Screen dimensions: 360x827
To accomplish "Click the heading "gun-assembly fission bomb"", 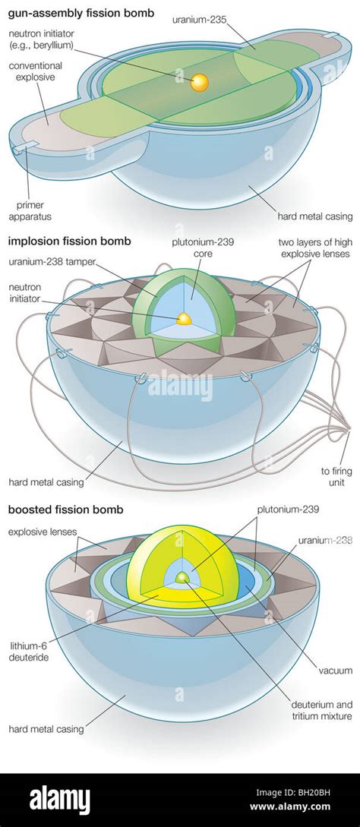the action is (81, 13).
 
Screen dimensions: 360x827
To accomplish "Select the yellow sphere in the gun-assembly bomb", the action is (200, 82).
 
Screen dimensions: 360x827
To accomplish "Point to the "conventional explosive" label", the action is (35, 71).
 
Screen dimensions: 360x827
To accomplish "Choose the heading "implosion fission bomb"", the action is (70, 242).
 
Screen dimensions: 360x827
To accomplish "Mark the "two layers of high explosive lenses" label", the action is (315, 248).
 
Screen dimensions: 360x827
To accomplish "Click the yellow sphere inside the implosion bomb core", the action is (185, 318).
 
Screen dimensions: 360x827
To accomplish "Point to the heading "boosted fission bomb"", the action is (65, 510).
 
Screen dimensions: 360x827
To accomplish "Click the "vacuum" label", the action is (335, 671).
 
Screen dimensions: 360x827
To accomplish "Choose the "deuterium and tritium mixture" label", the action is (321, 711).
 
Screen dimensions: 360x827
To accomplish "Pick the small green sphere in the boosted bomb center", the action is (182, 577).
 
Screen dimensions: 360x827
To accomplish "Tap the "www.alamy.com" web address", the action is (290, 806).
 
